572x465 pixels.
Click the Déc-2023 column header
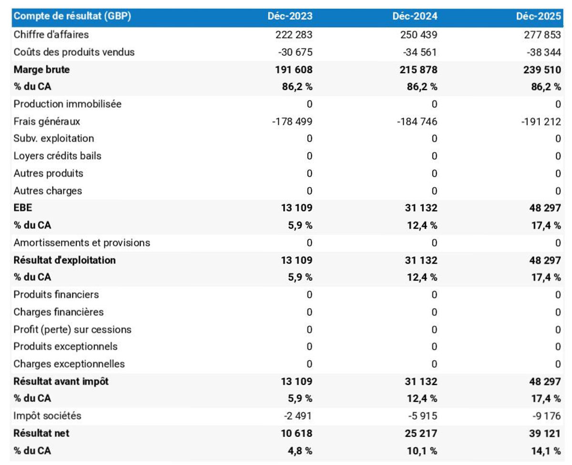click(x=290, y=16)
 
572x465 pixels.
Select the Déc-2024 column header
click(x=415, y=16)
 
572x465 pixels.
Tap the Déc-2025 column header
click(x=539, y=16)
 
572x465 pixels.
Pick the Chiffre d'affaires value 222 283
click(x=294, y=35)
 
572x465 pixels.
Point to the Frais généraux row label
click(x=47, y=121)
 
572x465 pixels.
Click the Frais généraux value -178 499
click(x=292, y=121)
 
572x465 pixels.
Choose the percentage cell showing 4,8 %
click(x=299, y=451)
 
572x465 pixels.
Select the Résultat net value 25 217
click(x=419, y=434)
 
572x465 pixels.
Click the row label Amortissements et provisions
click(x=82, y=243)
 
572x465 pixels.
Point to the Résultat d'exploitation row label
click(x=65, y=260)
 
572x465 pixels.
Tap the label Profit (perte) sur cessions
click(x=72, y=330)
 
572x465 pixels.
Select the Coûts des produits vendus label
click(x=74, y=52)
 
